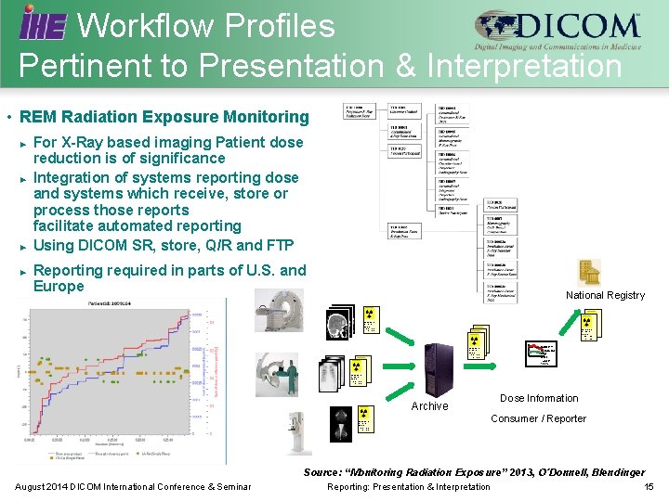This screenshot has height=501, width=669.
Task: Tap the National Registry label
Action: [605, 295]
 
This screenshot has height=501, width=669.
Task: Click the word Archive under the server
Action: [429, 406]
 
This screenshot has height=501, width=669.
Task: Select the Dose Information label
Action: [539, 398]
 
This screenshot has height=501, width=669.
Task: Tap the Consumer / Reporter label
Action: [539, 418]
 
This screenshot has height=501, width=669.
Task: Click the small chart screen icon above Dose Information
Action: [543, 353]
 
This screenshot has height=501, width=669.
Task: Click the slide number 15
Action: [649, 486]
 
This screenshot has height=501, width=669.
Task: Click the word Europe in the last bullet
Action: [59, 287]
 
